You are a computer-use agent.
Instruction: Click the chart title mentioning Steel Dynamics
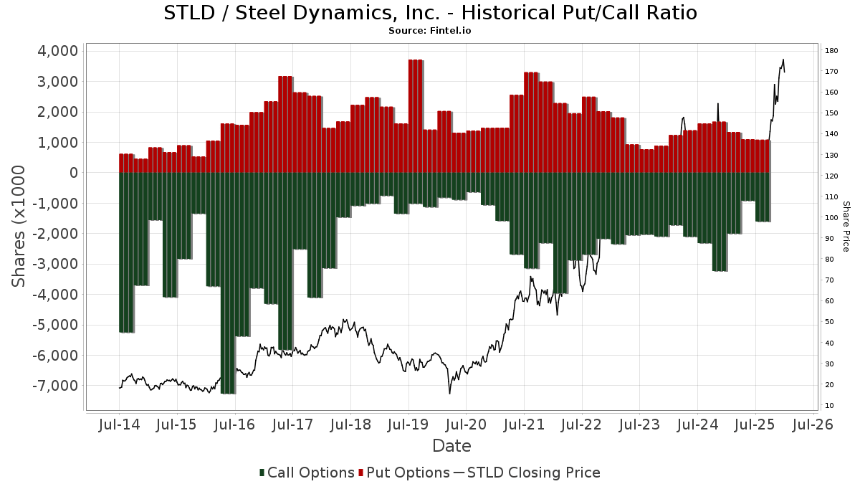pyautogui.click(x=430, y=13)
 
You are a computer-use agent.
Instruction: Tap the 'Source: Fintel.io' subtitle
pyautogui.click(x=430, y=31)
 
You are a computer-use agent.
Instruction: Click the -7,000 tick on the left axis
pyautogui.click(x=54, y=386)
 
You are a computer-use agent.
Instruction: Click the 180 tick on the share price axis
pyautogui.click(x=832, y=51)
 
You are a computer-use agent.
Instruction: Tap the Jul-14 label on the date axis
pyautogui.click(x=119, y=424)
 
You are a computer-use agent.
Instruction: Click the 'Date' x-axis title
pyautogui.click(x=451, y=446)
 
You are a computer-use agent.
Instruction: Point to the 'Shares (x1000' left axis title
pyautogui.click(x=20, y=226)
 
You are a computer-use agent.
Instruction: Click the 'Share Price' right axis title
pyautogui.click(x=846, y=226)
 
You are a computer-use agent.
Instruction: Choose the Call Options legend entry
pyautogui.click(x=307, y=473)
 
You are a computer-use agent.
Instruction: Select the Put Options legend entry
pyautogui.click(x=404, y=473)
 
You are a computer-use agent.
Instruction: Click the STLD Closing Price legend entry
pyautogui.click(x=527, y=473)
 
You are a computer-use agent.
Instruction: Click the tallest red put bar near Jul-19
pyautogui.click(x=415, y=115)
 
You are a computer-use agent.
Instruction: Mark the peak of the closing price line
pyautogui.click(x=783, y=60)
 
